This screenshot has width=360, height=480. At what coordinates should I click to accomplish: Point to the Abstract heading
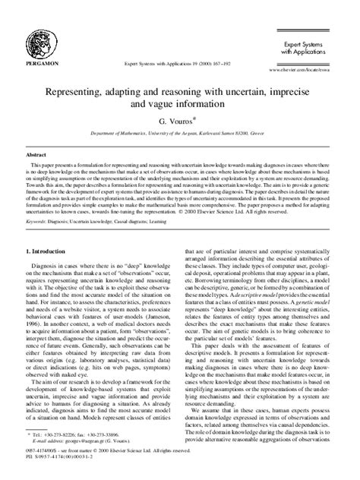(36, 154)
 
